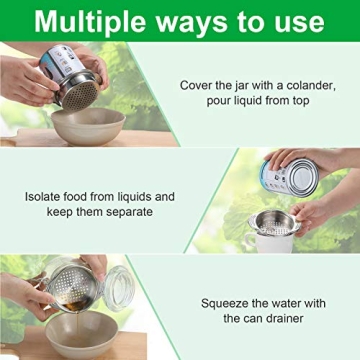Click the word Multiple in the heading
click(x=95, y=22)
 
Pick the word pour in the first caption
click(x=210, y=104)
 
